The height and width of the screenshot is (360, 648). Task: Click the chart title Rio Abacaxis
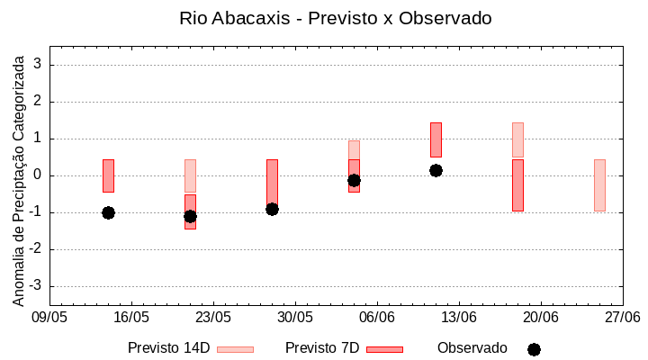point(336,18)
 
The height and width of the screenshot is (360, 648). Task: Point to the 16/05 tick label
point(131,318)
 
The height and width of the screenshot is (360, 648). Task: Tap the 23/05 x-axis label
point(213,318)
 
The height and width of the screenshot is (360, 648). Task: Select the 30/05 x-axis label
point(295,318)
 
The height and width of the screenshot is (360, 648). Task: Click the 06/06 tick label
point(377,318)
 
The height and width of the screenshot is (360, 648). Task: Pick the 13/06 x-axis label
point(459,318)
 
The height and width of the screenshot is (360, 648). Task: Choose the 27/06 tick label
point(623,318)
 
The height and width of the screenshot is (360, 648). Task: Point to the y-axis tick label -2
point(37,249)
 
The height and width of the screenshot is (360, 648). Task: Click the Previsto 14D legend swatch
point(235,349)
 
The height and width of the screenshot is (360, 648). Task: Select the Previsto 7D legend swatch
point(384,349)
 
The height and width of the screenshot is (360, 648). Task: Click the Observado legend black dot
point(534,349)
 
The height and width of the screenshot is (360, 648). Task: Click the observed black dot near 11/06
point(436,170)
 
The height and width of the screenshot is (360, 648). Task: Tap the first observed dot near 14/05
point(108,212)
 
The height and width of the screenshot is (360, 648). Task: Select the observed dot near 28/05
point(272,209)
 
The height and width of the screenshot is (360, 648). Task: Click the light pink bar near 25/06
point(599,185)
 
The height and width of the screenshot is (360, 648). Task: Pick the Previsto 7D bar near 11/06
point(436,139)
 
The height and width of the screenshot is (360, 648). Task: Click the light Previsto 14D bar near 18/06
point(517,139)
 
